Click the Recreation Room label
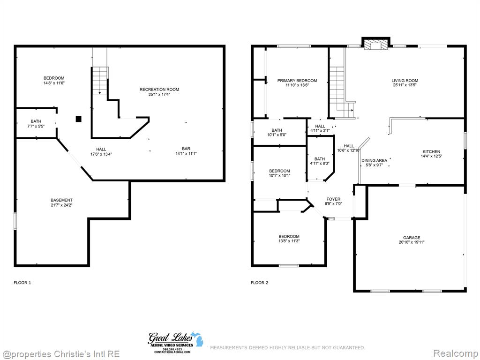click(x=159, y=90)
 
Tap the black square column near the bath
click(x=79, y=119)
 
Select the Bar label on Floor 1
click(x=186, y=149)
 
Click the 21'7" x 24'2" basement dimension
click(x=61, y=205)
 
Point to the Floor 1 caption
click(x=22, y=283)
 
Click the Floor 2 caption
click(x=259, y=283)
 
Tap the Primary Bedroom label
click(x=297, y=81)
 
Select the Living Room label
click(x=405, y=81)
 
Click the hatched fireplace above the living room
click(x=376, y=45)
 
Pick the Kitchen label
click(x=431, y=151)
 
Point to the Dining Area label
click(x=375, y=160)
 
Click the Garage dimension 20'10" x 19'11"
click(x=412, y=242)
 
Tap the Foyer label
click(x=333, y=199)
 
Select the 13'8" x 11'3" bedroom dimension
click(x=289, y=241)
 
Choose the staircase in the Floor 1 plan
click(x=100, y=81)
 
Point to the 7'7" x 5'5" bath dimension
click(x=36, y=126)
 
